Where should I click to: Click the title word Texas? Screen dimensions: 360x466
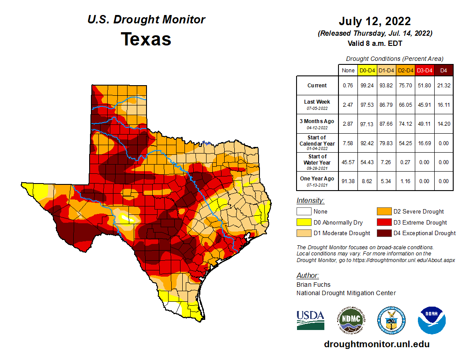(146, 39)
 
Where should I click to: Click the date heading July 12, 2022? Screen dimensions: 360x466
(375, 21)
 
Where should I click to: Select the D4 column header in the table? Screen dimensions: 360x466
(444, 70)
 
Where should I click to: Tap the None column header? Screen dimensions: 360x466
(348, 70)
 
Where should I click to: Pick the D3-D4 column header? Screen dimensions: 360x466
(424, 70)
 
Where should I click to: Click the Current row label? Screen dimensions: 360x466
(317, 86)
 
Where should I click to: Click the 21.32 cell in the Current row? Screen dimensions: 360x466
(444, 86)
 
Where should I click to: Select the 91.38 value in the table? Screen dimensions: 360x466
(348, 181)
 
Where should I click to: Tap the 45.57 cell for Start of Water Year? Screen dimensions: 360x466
(348, 162)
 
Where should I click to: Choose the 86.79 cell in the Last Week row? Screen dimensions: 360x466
(386, 105)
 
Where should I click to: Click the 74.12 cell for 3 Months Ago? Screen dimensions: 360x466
(405, 124)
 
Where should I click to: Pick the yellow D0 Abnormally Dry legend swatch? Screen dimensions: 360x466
(304, 222)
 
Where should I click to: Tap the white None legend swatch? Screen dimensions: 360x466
(304, 212)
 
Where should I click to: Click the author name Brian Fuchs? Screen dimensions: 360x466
(313, 285)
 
